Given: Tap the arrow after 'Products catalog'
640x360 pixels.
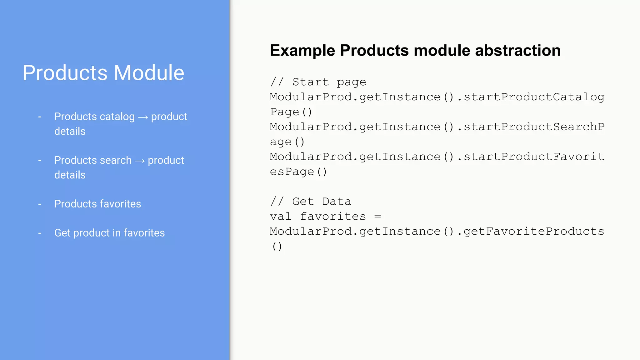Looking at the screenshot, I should [143, 117].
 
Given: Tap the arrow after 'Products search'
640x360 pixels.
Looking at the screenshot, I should [140, 161].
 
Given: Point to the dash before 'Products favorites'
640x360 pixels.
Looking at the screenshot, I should [40, 204].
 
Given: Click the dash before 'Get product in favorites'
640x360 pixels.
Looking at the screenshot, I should [40, 233].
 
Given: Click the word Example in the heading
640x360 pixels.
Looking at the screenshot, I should [302, 51].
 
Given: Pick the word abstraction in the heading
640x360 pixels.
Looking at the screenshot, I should [518, 51].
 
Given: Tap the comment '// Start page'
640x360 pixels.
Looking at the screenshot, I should [318, 82].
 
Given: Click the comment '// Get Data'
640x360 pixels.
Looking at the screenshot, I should [311, 202].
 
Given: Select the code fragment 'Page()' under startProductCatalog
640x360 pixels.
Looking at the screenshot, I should [291, 112].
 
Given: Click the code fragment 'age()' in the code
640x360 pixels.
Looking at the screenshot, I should [287, 142].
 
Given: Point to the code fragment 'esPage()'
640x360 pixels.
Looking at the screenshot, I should [298, 172].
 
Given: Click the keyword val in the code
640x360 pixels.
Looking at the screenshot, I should [281, 216].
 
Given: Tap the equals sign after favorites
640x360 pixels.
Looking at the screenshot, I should [377, 216].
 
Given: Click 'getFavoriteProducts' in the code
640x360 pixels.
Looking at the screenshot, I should [534, 232].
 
